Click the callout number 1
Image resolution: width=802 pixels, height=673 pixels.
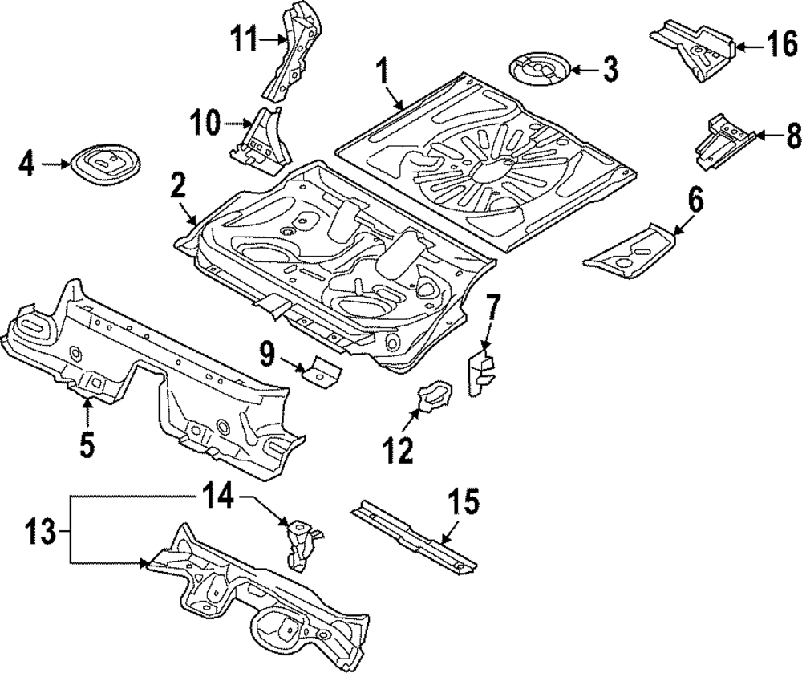pos(383,75)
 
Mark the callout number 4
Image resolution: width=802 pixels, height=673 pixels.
pos(26,166)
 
